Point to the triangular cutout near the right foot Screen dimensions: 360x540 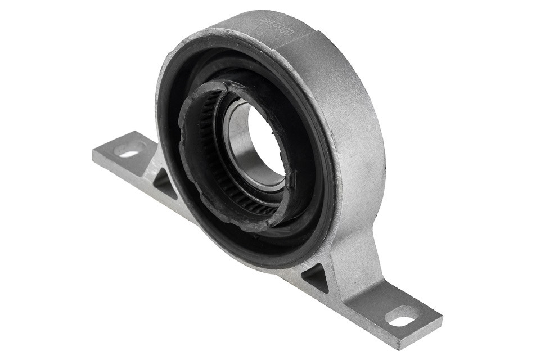316,277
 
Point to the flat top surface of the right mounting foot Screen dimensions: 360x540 388,304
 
